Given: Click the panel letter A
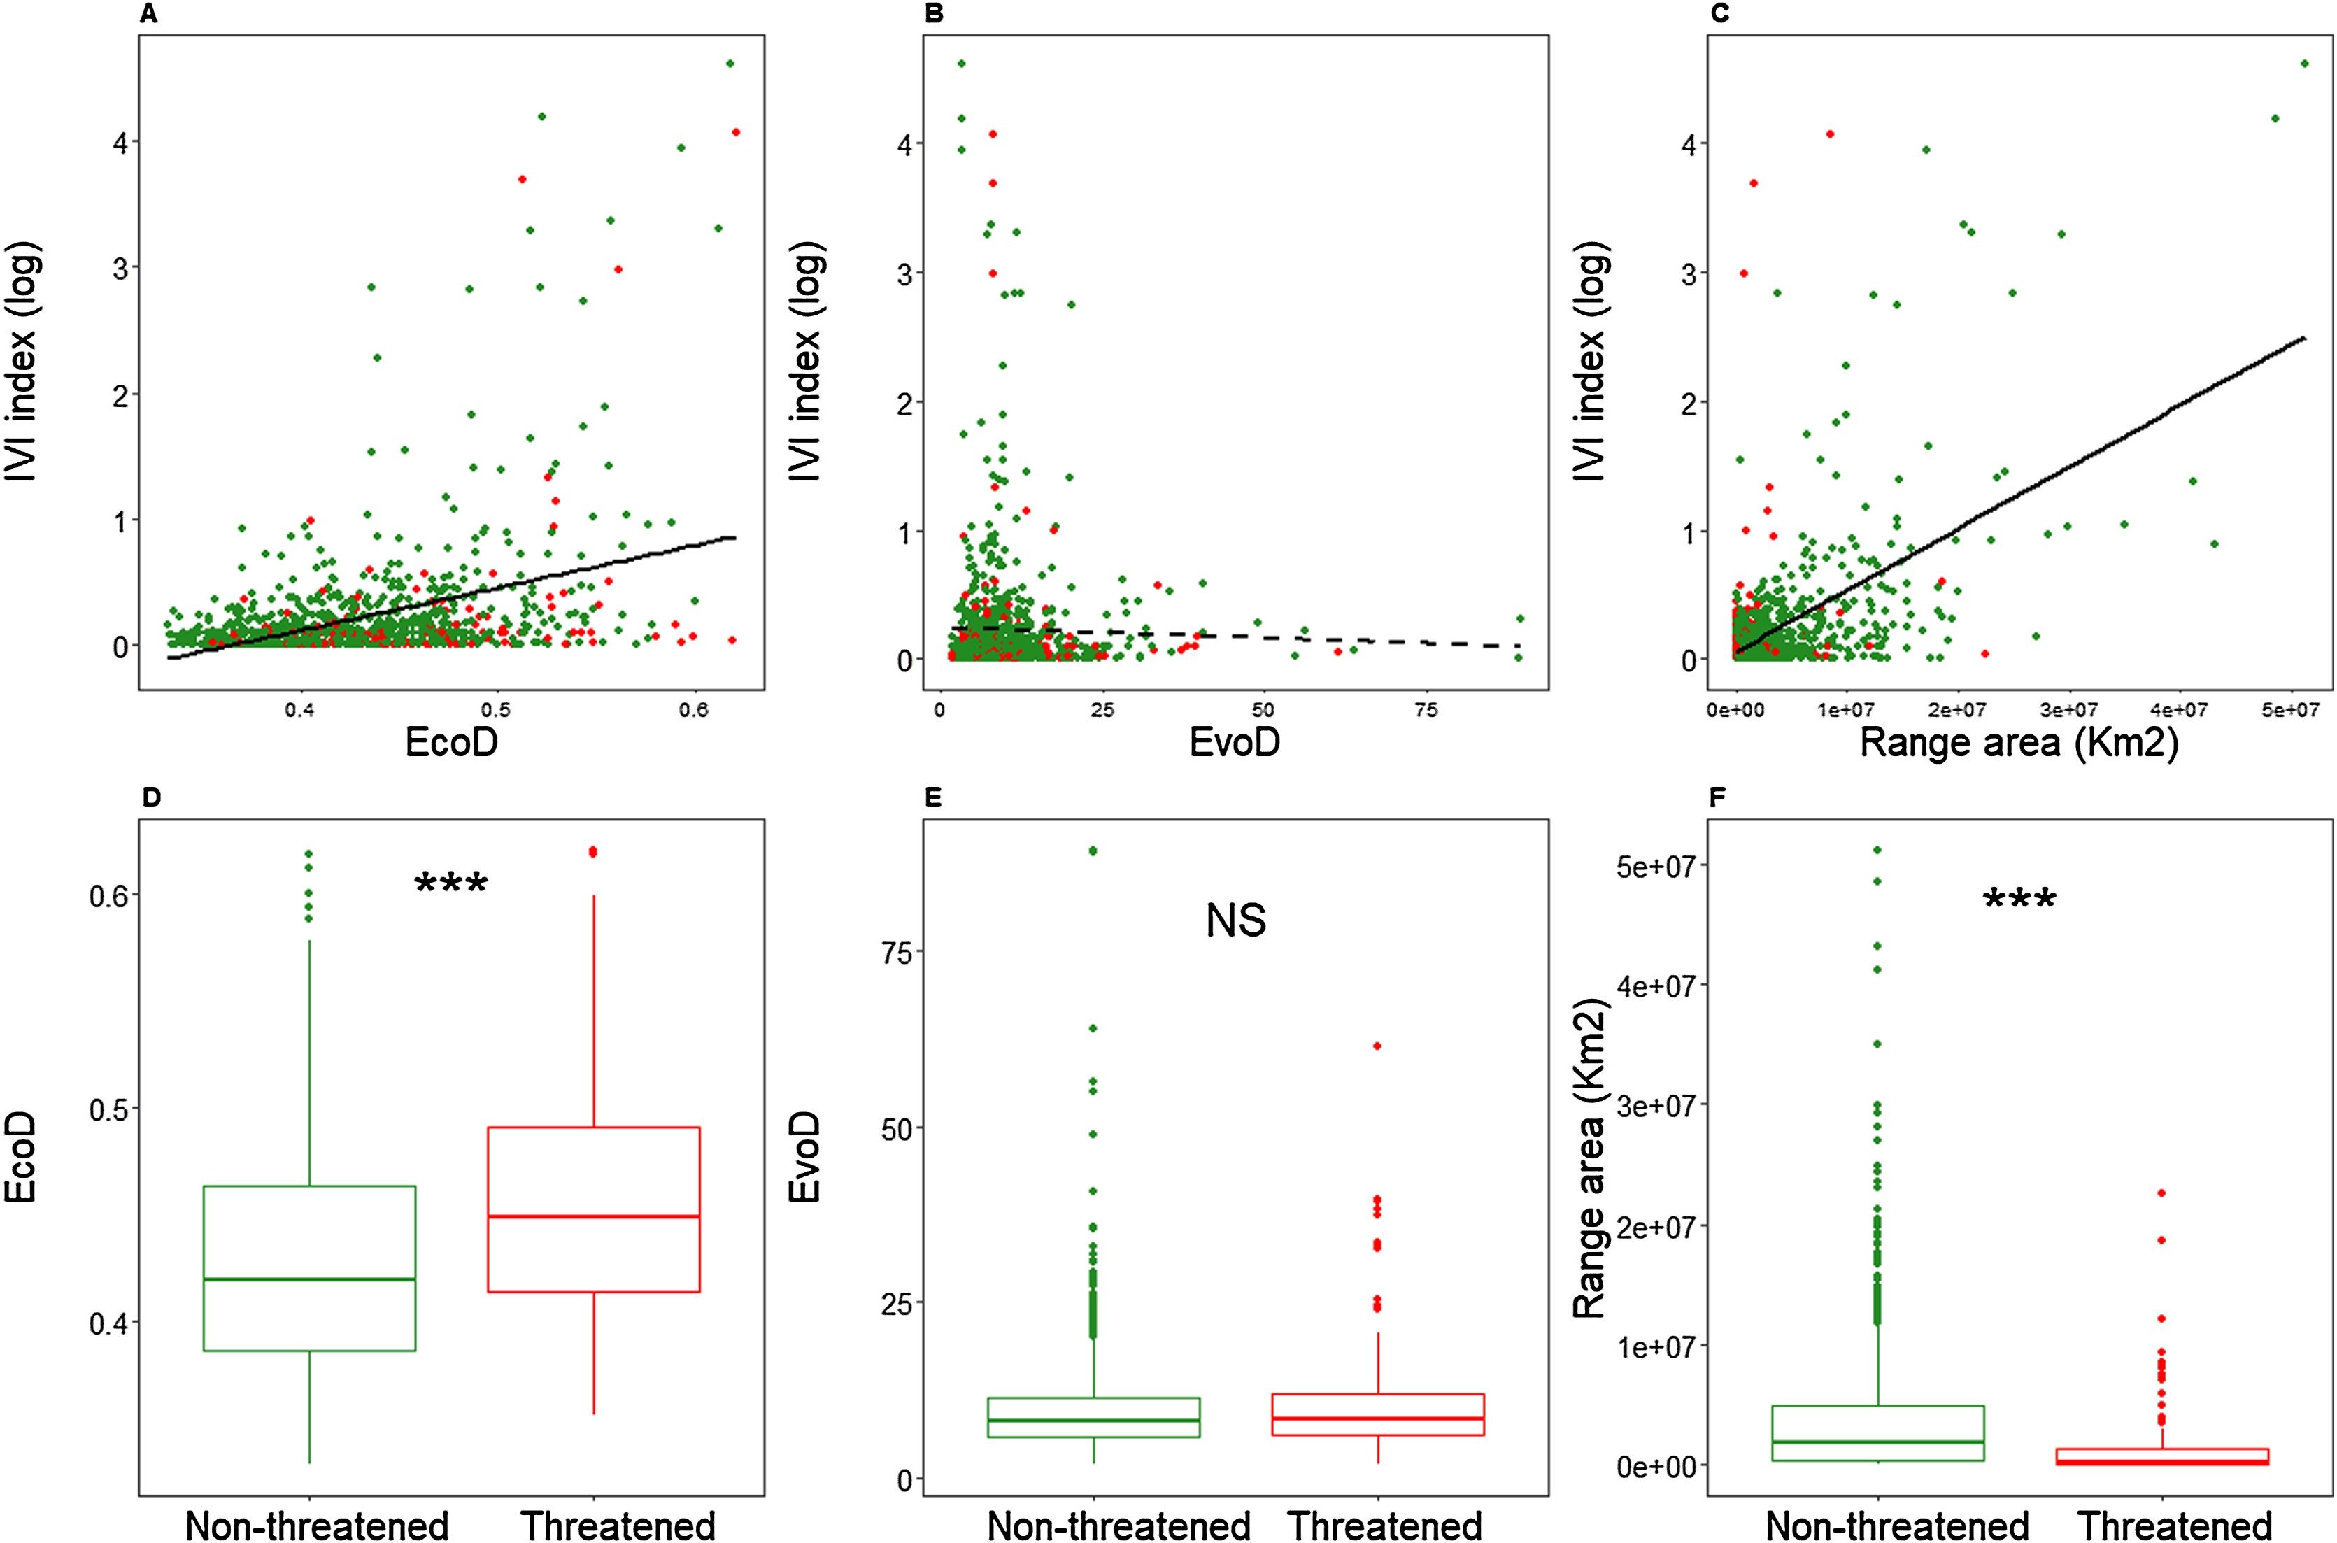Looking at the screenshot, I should pos(148,14).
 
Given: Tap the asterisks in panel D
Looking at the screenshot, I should pos(452,883).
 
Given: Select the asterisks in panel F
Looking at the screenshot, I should pos(2020,900).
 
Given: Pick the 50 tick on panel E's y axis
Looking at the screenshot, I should pos(895,1128).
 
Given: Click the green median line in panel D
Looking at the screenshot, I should pos(309,1279).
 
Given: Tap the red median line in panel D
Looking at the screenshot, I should pos(593,1216).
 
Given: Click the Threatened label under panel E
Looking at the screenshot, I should pos(1384,1524).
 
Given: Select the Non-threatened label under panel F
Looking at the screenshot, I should pos(1897,1524).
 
